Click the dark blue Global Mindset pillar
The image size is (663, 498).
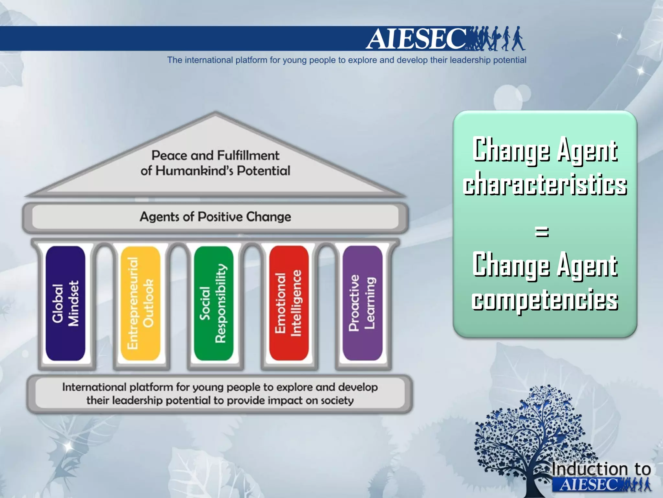point(65,303)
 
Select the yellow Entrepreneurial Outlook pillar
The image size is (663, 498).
point(140,303)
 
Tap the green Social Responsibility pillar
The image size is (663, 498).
point(214,303)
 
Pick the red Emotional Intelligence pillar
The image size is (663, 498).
point(288,303)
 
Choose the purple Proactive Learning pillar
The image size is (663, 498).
point(362,303)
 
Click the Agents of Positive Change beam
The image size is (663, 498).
point(215,217)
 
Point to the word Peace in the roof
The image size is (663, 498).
point(169,155)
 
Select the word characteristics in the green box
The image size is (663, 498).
point(545,185)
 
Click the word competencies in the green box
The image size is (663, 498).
point(545,300)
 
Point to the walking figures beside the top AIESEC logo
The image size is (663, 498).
point(497,39)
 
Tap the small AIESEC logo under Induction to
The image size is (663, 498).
point(589,485)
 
